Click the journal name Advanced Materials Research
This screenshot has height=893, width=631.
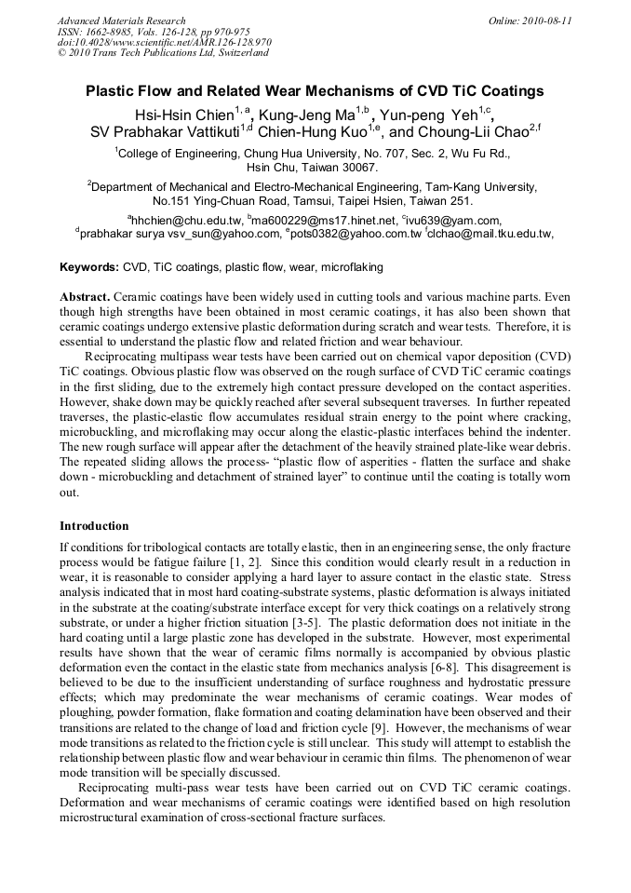[x=121, y=20]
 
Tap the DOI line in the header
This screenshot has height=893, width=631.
[x=164, y=42]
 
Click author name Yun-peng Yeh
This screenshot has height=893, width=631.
[x=427, y=115]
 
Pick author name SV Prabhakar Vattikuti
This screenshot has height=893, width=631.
[x=165, y=131]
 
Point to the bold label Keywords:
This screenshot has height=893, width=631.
[x=89, y=267]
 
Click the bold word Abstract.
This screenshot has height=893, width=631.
[x=85, y=295]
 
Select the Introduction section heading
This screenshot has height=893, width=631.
[x=94, y=526]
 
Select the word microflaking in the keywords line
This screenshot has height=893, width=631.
[x=352, y=267]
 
